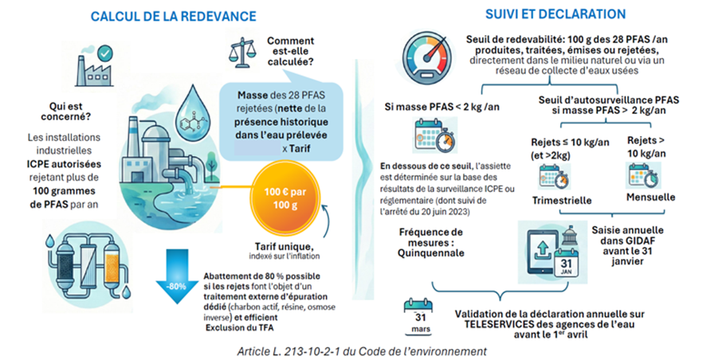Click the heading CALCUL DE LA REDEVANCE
(173, 16)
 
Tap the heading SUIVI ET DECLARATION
(555, 14)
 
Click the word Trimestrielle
(562, 200)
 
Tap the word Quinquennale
(431, 252)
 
